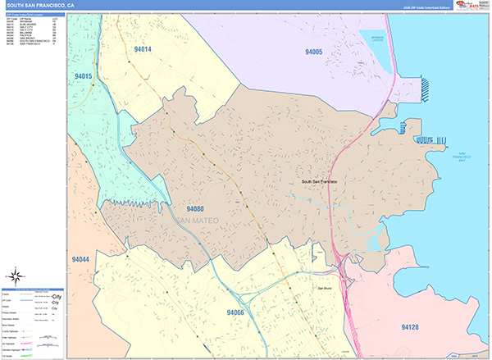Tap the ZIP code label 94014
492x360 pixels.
click(143, 49)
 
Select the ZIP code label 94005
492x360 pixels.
click(313, 52)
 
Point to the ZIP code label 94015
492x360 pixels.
click(84, 76)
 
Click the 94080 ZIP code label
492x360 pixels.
click(195, 210)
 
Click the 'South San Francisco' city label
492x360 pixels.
click(320, 181)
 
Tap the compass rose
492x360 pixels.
click(14, 276)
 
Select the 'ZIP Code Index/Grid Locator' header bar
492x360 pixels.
click(33, 15)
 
